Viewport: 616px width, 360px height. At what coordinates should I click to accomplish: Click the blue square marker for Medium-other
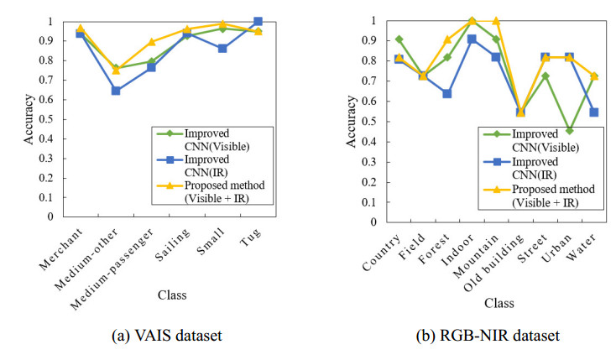[x=116, y=91]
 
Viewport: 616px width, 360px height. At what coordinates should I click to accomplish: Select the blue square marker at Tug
[x=258, y=22]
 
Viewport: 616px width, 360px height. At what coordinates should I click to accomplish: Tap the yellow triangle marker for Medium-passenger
[x=151, y=42]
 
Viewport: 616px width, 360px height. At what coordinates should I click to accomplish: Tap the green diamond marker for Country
[x=399, y=39]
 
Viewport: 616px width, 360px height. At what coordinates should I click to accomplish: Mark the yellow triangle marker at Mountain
[x=496, y=21]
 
